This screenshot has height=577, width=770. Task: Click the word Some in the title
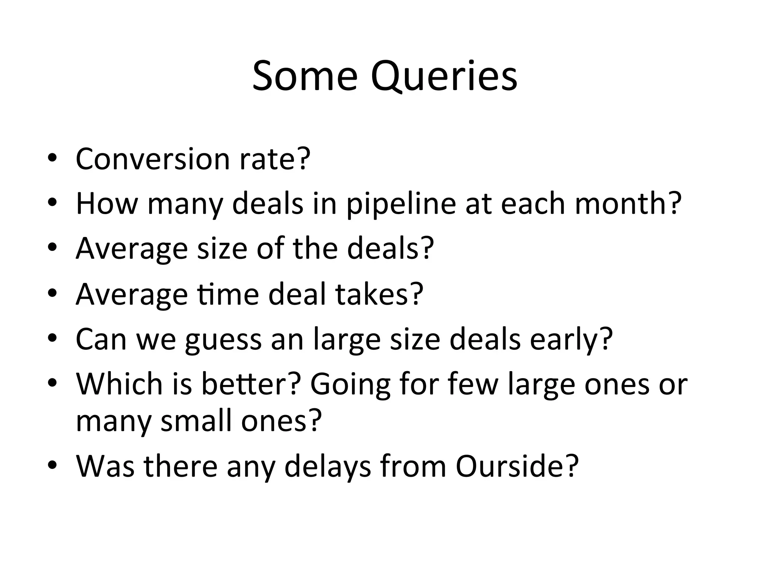coord(305,76)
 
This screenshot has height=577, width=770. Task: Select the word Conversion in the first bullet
coord(153,159)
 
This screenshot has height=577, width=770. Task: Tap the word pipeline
coord(401,204)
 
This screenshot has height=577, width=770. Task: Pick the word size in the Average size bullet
coord(222,249)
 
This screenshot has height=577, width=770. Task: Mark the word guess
coord(223,339)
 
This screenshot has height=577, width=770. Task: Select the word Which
coord(120,384)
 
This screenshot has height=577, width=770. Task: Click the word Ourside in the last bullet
coord(512,466)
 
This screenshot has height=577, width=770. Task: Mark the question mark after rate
coord(303,159)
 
